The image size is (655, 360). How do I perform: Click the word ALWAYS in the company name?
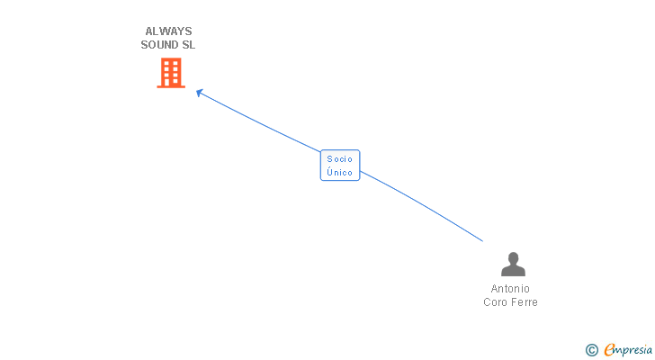pyautogui.click(x=167, y=31)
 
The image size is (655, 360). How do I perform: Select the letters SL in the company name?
pyautogui.click(x=187, y=45)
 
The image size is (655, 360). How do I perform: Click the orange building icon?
pyautogui.click(x=171, y=73)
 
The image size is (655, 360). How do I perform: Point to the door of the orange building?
pyautogui.click(x=171, y=82)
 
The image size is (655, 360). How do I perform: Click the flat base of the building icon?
pyautogui.click(x=171, y=86)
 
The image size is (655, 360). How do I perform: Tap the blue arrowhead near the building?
pyautogui.click(x=200, y=92)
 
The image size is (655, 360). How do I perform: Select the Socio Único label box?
pyautogui.click(x=340, y=166)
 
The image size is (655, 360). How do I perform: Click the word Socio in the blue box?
pyautogui.click(x=340, y=159)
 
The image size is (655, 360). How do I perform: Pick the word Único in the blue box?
pyautogui.click(x=340, y=173)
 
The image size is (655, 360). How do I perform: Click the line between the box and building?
pyautogui.click(x=261, y=121)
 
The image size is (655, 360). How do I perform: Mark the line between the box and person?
pyautogui.click(x=423, y=205)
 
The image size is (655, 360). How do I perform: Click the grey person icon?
pyautogui.click(x=513, y=265)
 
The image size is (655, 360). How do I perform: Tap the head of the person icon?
pyautogui.click(x=513, y=257)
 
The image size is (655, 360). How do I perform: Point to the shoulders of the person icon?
pyautogui.click(x=513, y=271)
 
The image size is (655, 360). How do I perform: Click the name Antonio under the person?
pyautogui.click(x=510, y=289)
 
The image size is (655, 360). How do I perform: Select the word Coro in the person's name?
pyautogui.click(x=496, y=302)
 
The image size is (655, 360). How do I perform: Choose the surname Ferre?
pyautogui.click(x=524, y=302)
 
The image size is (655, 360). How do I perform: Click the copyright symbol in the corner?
pyautogui.click(x=591, y=350)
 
